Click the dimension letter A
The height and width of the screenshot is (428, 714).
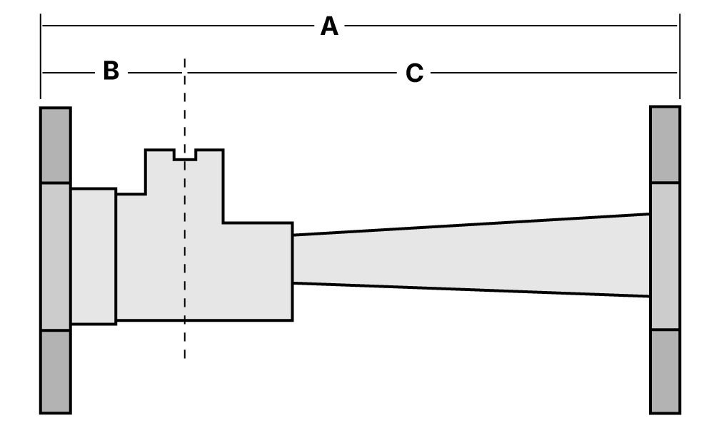(329, 27)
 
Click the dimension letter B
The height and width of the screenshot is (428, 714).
(111, 71)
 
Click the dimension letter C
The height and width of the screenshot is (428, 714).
(414, 73)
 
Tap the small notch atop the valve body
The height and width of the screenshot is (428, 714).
(185, 155)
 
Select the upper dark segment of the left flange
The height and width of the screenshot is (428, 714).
(55, 146)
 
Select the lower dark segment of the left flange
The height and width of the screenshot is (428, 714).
(55, 371)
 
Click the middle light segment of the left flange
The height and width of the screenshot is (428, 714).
(55, 257)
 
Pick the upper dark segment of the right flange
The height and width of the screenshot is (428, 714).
(665, 144)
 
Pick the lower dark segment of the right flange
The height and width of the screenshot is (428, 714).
(665, 371)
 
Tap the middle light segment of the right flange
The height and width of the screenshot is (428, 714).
(665, 257)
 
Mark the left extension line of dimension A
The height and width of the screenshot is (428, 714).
(41, 57)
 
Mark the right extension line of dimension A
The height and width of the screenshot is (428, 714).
(679, 57)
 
